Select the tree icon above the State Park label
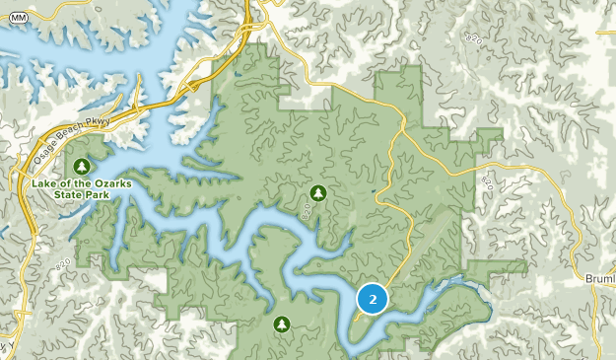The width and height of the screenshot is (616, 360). click(x=84, y=165)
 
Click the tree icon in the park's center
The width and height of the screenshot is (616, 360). click(x=317, y=191)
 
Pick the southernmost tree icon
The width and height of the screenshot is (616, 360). click(x=282, y=323)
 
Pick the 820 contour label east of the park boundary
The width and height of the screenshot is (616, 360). click(x=486, y=183)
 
